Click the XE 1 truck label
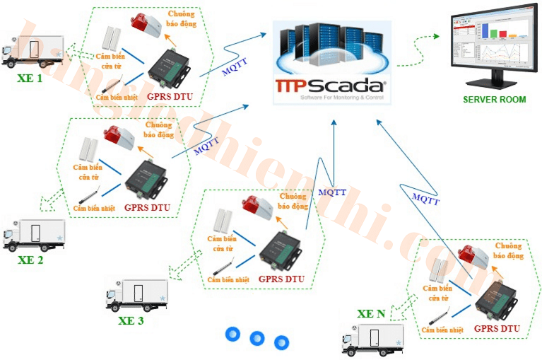30,79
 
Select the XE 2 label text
30,260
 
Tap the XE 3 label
131,320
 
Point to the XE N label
371,314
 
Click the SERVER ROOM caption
494,100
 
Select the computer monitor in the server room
490,48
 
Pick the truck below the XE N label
372,339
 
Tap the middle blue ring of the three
257,339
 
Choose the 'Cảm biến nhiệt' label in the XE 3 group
228,279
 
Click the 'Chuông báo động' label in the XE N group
508,250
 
